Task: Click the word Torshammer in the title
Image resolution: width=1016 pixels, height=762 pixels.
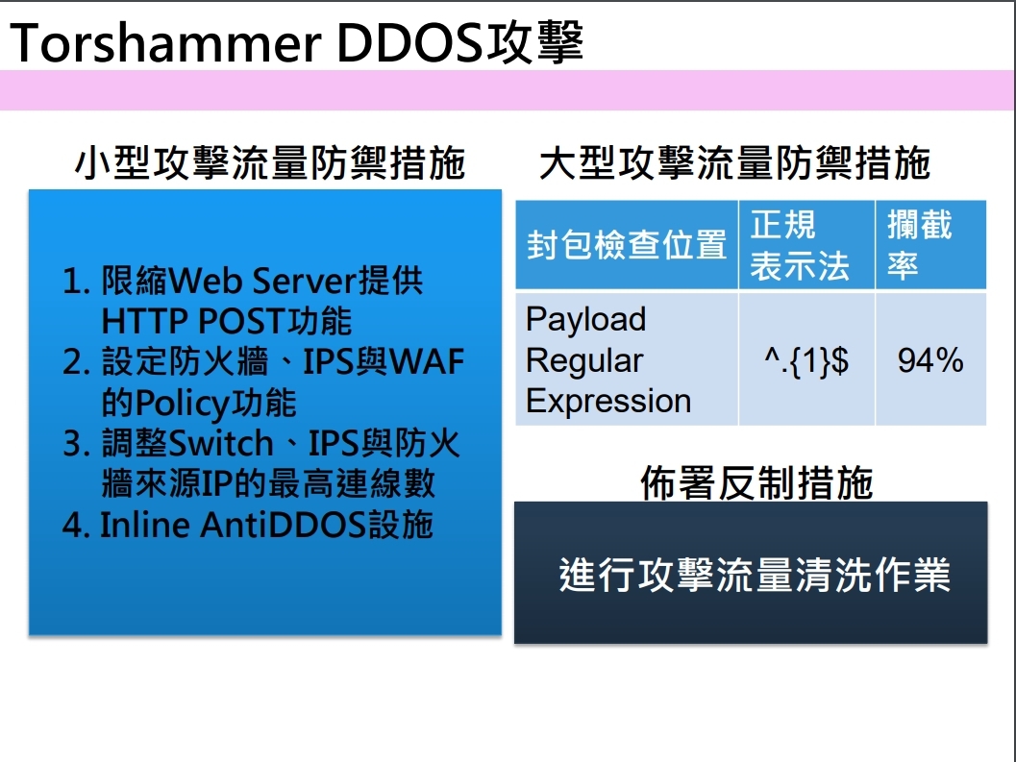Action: [x=165, y=43]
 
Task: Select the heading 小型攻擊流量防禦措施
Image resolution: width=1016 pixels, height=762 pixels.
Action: [x=270, y=162]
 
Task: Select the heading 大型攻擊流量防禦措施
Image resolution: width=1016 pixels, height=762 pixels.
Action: [x=734, y=162]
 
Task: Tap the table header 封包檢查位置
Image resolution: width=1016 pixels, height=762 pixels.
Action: [x=627, y=245]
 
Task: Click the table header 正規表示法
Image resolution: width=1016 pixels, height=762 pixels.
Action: [x=800, y=245]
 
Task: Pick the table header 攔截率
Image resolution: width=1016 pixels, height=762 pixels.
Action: [x=920, y=245]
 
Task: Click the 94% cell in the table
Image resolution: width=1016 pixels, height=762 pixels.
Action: [x=930, y=360]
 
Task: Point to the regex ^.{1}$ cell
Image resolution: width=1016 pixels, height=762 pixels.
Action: [x=806, y=360]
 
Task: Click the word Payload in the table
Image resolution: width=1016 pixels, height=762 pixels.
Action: [x=585, y=319]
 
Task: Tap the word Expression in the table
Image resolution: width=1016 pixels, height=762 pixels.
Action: [x=608, y=401]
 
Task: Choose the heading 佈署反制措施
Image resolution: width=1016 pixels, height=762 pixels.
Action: [x=756, y=482]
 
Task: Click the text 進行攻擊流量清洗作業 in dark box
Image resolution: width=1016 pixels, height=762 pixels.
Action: [x=755, y=575]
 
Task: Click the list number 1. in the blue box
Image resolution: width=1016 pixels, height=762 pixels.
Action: [x=77, y=282]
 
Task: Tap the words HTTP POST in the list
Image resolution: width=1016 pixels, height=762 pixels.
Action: [x=193, y=321]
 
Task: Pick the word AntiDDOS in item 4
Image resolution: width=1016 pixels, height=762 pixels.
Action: [x=284, y=525]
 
